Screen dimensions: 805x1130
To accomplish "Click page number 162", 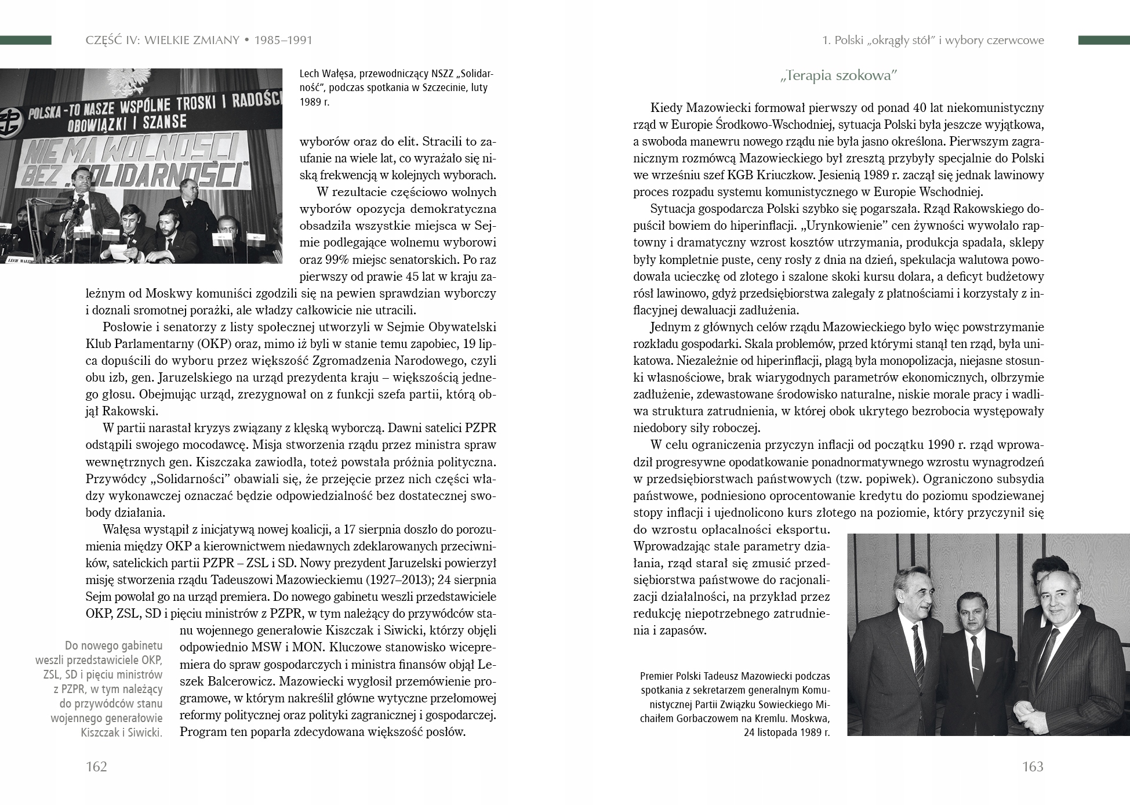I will [x=96, y=767].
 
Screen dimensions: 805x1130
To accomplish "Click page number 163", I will [x=1033, y=767].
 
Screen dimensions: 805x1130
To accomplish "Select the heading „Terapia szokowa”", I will [x=838, y=76].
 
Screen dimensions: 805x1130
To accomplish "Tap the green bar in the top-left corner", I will [x=26, y=40].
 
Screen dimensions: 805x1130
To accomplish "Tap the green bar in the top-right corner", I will [x=1103, y=40].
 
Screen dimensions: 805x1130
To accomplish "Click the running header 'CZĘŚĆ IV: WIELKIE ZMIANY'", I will [x=161, y=41].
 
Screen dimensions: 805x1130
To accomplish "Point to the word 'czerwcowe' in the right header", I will [x=1013, y=41].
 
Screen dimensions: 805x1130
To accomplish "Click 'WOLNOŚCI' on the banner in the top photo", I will [x=185, y=147].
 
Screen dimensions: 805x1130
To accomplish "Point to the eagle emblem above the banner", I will [x=137, y=77].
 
